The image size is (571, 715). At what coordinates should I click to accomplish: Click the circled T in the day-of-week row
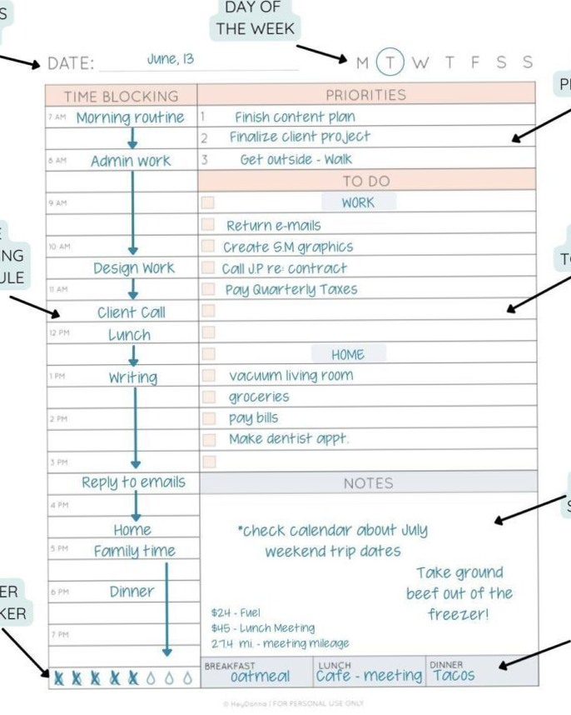pos(390,62)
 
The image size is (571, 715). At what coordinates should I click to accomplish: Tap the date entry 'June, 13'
pos(170,60)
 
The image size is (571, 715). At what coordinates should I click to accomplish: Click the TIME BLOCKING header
pos(122,97)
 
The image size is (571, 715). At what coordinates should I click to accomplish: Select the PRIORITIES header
pos(366,95)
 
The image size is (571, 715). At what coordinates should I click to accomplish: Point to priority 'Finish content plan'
pos(294,117)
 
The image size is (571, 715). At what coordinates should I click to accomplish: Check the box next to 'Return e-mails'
pos(208,225)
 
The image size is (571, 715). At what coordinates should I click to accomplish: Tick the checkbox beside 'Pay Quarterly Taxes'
pos(208,289)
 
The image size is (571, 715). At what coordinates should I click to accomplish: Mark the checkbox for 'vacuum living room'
pos(208,376)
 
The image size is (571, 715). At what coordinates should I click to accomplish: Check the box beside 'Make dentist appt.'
pos(208,439)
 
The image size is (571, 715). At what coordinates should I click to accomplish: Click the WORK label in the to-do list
pos(358,202)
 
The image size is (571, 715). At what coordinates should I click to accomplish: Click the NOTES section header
pos(368,483)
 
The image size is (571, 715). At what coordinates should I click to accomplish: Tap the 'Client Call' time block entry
pos(132,313)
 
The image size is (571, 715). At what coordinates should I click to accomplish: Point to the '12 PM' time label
pos(57,333)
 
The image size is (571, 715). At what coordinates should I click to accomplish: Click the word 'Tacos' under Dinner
pos(454,676)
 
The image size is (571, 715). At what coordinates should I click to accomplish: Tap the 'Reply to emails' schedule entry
pos(133,482)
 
